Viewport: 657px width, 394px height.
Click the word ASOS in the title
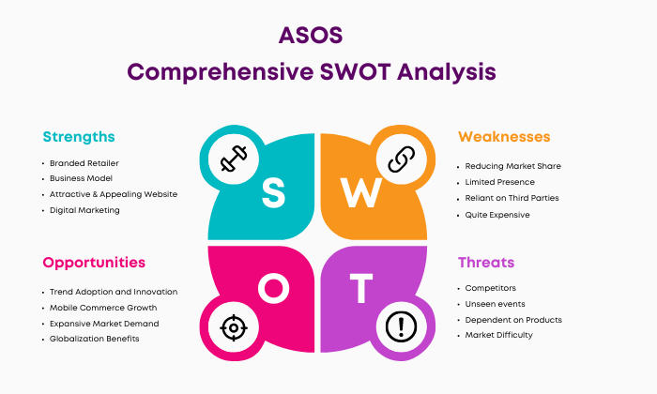tap(311, 35)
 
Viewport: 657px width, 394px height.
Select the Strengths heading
tap(79, 137)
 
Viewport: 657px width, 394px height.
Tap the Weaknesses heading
tap(504, 137)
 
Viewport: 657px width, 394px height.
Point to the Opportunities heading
tap(94, 263)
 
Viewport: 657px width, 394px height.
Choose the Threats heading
tap(486, 263)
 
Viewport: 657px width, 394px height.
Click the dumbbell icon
tap(234, 159)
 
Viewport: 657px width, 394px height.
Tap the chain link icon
tap(401, 159)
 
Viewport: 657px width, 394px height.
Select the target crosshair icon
tap(234, 327)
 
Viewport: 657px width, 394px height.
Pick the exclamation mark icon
tap(401, 327)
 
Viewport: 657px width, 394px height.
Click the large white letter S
tap(274, 192)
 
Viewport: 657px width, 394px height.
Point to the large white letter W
tap(360, 192)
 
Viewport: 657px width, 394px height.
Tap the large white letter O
tap(273, 288)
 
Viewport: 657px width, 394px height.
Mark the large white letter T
tap(361, 288)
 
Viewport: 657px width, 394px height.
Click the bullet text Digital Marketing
tap(84, 210)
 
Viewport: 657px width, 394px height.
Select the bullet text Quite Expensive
tap(497, 215)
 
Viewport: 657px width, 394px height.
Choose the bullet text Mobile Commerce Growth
tap(103, 308)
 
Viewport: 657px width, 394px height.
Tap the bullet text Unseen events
tap(495, 304)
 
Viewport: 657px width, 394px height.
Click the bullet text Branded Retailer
tap(84, 163)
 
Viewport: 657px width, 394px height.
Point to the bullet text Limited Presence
tap(500, 182)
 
